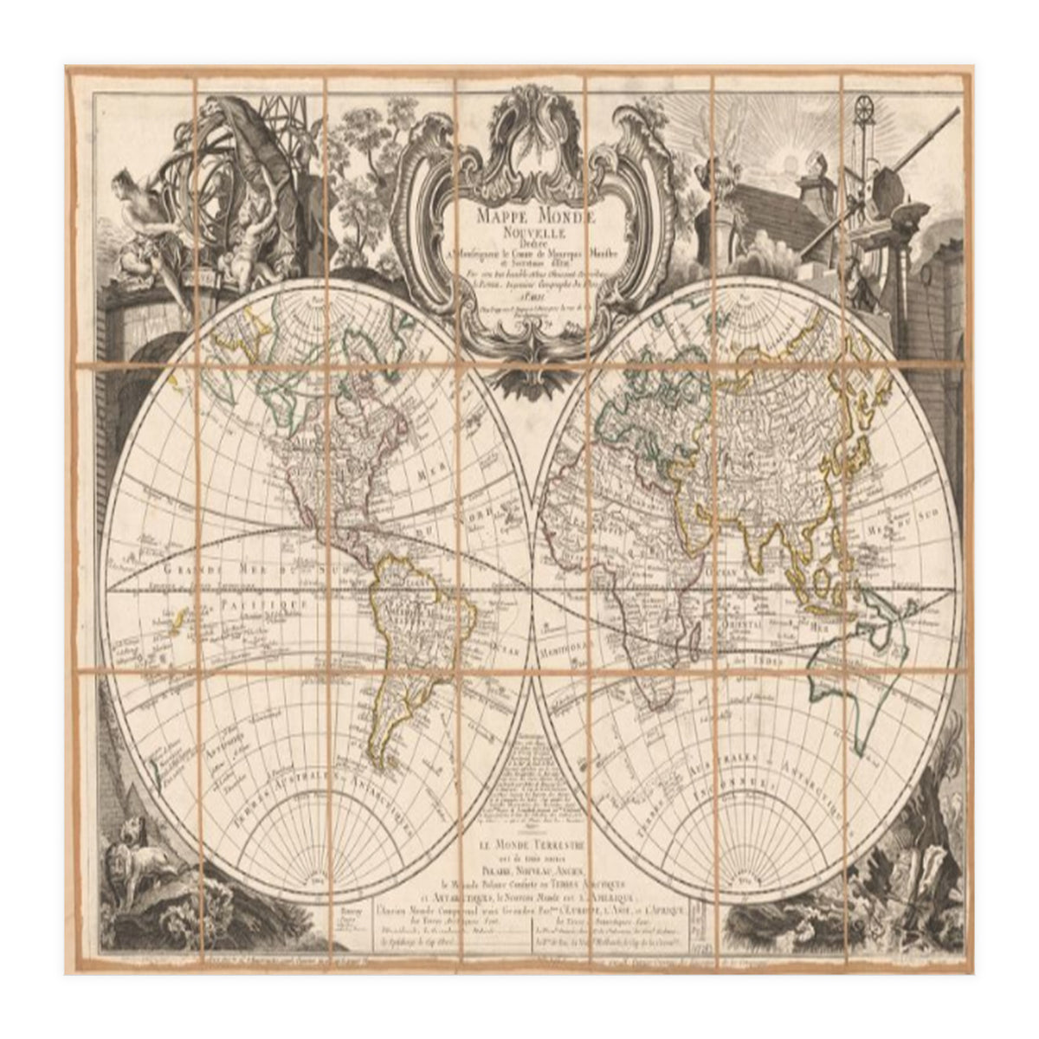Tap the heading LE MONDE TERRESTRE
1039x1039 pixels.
(x=519, y=842)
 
